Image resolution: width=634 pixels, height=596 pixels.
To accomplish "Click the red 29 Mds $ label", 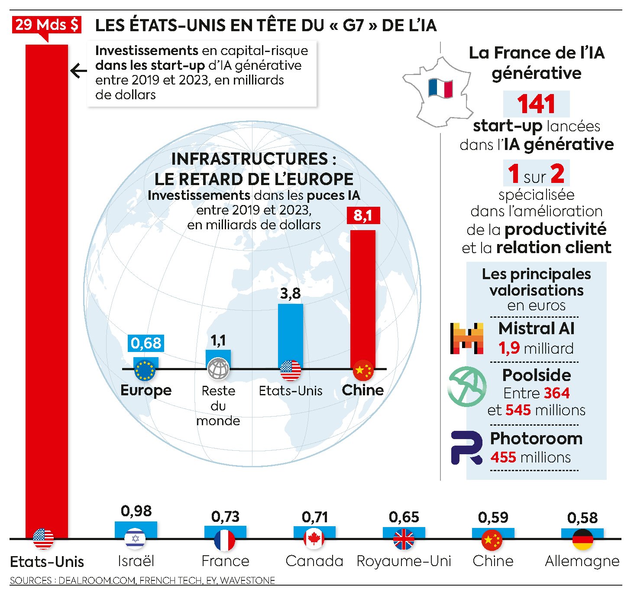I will click(46, 25).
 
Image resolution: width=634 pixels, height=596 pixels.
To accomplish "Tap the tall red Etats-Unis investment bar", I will click(47, 282).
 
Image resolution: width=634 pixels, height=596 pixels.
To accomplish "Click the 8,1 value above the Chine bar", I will click(362, 215).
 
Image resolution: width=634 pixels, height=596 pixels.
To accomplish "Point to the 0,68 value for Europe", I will click(146, 343).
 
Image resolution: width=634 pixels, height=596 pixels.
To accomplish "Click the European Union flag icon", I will click(145, 370).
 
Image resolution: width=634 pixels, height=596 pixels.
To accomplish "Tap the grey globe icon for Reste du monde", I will click(218, 369).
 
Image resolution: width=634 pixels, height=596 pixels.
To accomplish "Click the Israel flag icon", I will click(135, 539).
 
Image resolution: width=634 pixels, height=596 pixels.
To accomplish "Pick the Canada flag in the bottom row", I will click(314, 539).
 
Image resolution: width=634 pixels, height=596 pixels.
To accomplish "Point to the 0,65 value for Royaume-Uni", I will click(404, 517).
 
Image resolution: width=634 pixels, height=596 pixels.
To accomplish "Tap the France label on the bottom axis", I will click(225, 561).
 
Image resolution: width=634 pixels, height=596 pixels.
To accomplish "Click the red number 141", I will click(536, 104).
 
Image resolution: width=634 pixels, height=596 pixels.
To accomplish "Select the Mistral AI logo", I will click(466, 339).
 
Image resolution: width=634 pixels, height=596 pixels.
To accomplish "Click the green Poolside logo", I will click(467, 386).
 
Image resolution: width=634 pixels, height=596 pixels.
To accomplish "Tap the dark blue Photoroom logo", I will click(467, 448).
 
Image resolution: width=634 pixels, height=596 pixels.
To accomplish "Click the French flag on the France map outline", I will click(440, 88).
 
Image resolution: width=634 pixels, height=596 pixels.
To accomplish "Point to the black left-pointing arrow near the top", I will click(78, 71).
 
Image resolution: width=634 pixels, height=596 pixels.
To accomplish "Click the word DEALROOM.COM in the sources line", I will click(97, 580).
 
